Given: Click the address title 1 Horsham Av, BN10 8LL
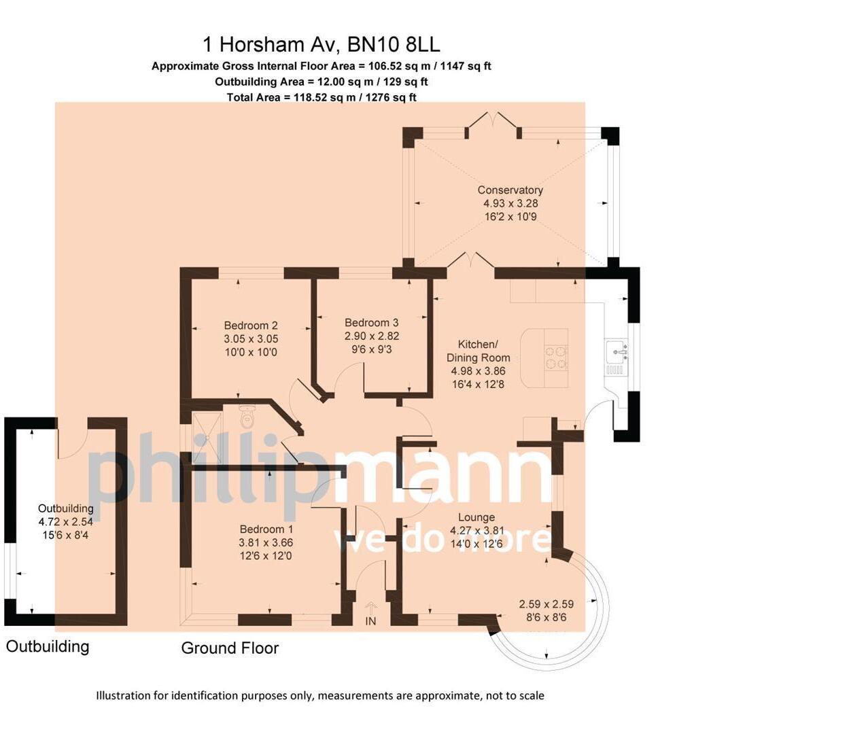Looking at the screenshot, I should click(321, 45).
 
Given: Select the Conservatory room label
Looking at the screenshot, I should click(510, 190).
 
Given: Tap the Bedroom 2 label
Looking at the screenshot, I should click(251, 326).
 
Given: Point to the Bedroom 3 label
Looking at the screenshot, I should click(371, 323).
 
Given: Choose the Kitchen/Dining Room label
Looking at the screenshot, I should click(478, 351).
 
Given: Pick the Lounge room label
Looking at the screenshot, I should click(476, 517).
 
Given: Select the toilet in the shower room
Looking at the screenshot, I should click(247, 417).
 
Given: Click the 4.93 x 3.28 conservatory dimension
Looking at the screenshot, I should click(510, 203).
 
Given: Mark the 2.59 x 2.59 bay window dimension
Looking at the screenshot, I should click(546, 604).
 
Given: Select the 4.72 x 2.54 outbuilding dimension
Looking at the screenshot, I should click(65, 522).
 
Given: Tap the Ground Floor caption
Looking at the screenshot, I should click(230, 648).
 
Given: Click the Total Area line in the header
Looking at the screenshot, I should click(321, 97).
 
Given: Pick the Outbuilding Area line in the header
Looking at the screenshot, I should click(321, 82).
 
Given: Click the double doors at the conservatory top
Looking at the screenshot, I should click(493, 123).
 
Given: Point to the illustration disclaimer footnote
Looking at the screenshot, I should click(319, 695).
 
